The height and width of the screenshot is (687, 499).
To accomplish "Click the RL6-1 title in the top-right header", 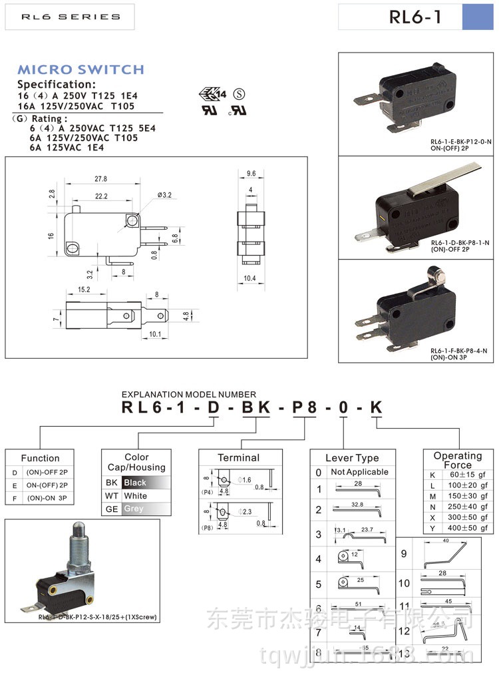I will click(x=415, y=17).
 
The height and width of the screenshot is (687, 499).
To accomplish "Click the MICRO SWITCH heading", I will click(x=81, y=70).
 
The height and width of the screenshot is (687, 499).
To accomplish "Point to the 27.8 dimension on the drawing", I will click(x=100, y=179).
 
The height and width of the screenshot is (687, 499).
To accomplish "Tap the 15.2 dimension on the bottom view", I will click(x=84, y=290).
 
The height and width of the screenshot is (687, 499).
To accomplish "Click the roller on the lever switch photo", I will click(x=436, y=273).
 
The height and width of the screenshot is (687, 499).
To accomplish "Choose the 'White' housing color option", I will click(x=136, y=496).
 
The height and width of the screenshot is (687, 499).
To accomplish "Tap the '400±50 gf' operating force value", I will click(x=464, y=528).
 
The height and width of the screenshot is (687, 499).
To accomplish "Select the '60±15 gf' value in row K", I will click(x=464, y=475).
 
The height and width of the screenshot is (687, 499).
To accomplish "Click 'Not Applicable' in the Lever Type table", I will click(x=359, y=472).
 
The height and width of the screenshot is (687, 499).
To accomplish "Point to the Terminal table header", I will click(x=238, y=458).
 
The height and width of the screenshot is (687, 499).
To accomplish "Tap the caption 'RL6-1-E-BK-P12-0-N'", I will click(x=460, y=142).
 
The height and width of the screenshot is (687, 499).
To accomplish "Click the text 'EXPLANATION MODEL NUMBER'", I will click(x=189, y=395).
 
